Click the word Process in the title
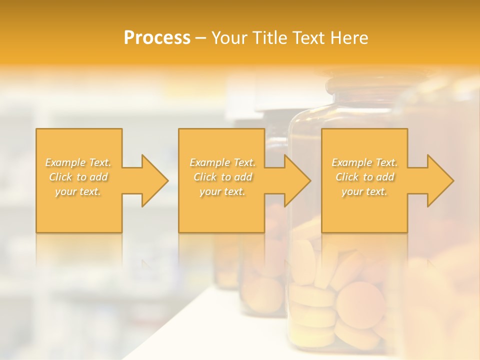point(157,38)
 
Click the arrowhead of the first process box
point(155,180)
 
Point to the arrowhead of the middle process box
point(297,180)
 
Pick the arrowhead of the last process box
point(440,180)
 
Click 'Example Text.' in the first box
point(78,162)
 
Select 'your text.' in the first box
point(78,191)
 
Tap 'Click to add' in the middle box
point(222,177)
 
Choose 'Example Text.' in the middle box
point(222,162)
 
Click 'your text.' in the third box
point(364,191)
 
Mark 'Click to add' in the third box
point(364,177)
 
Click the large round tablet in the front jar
point(360,304)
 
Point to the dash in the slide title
point(200,38)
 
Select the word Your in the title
point(227,38)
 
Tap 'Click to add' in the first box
point(78,177)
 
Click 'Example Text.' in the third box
point(364,162)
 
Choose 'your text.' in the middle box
point(222,191)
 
